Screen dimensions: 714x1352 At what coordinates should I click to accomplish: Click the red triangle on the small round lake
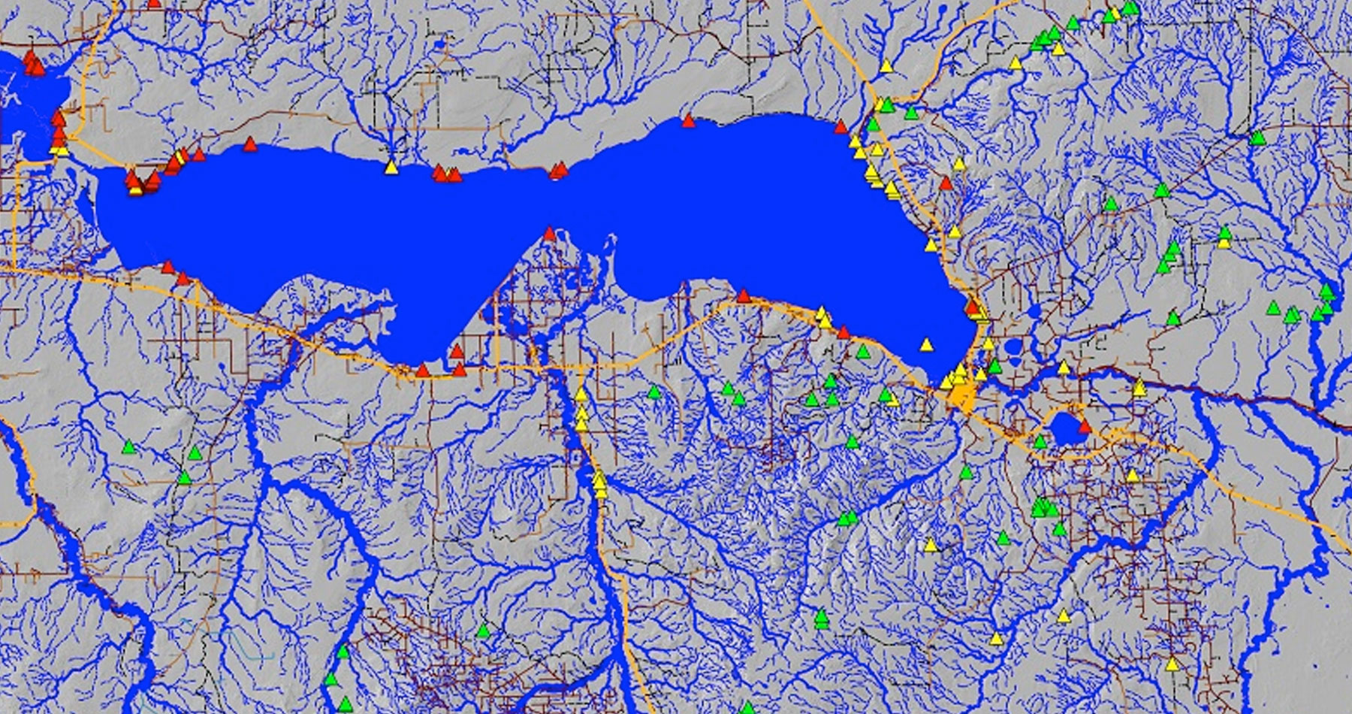1085,427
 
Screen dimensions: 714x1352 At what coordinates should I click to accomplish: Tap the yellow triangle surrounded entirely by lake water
926,345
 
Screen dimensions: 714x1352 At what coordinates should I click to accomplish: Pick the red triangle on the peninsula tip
549,234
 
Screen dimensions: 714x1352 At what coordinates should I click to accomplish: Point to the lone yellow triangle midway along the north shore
391,168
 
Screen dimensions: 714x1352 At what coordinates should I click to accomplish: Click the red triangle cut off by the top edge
154,3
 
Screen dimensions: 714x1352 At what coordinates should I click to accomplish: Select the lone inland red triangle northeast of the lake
946,183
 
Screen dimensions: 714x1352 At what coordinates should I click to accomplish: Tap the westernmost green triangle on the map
128,447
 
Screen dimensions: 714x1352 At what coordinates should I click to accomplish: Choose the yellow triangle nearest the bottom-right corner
1172,664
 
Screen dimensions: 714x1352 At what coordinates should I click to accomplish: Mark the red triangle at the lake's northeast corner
840,127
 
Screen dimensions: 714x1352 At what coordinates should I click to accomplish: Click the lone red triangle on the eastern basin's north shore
688,120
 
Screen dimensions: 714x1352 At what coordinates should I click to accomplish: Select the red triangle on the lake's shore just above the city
973,307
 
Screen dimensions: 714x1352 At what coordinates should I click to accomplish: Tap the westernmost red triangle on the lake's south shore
167,267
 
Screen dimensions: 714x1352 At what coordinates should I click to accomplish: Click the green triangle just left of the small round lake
1040,442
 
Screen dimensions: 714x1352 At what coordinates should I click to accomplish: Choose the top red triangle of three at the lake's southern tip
456,351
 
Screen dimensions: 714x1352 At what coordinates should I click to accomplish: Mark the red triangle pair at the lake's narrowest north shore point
557,171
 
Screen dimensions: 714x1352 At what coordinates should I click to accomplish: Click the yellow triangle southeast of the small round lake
1132,475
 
